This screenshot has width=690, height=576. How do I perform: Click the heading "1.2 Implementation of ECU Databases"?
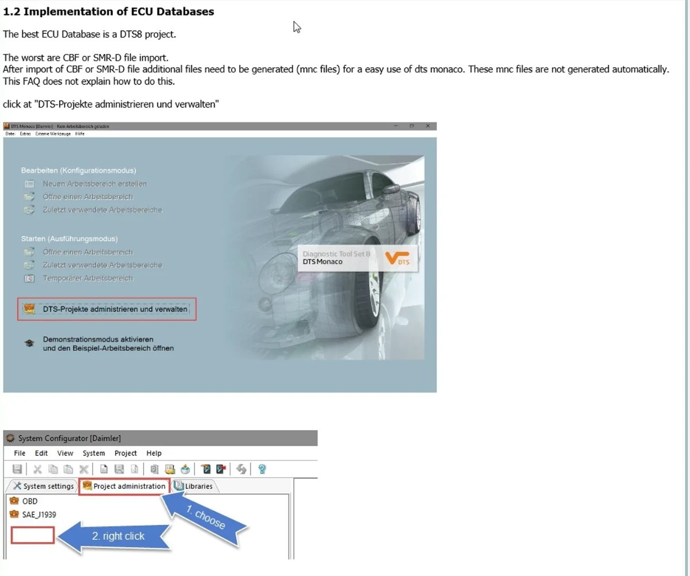click(109, 11)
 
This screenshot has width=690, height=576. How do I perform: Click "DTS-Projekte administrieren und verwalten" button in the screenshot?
click(115, 309)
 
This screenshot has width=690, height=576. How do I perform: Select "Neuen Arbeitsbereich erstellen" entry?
click(94, 184)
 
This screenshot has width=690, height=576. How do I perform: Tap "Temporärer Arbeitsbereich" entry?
click(87, 278)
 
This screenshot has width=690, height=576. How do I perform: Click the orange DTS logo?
click(397, 258)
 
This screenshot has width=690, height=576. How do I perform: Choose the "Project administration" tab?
click(124, 486)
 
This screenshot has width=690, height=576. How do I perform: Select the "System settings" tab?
click(44, 486)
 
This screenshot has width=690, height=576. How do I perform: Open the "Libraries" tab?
click(194, 486)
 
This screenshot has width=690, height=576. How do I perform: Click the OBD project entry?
click(29, 501)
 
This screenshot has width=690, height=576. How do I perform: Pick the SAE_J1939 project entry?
click(39, 514)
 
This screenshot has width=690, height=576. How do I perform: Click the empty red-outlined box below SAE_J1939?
click(33, 535)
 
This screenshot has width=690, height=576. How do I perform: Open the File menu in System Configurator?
click(20, 453)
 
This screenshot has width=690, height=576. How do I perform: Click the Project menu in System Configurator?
click(125, 453)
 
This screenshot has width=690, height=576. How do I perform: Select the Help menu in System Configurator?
click(154, 453)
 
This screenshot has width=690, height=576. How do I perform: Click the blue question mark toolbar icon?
click(262, 469)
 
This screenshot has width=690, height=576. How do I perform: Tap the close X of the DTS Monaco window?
click(427, 126)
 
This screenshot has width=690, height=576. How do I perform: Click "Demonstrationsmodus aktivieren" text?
click(98, 339)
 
